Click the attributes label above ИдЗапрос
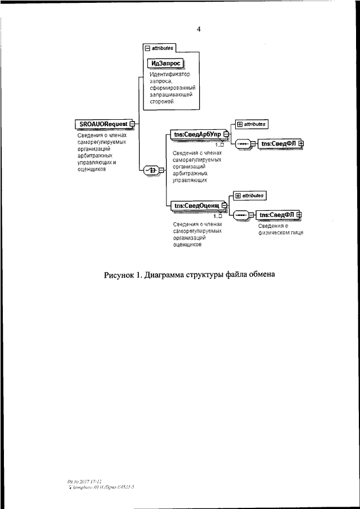[x=163, y=48]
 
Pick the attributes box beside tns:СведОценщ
[x=249, y=195]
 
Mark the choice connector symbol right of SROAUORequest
[x=151, y=169]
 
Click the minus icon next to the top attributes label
[x=147, y=48]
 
